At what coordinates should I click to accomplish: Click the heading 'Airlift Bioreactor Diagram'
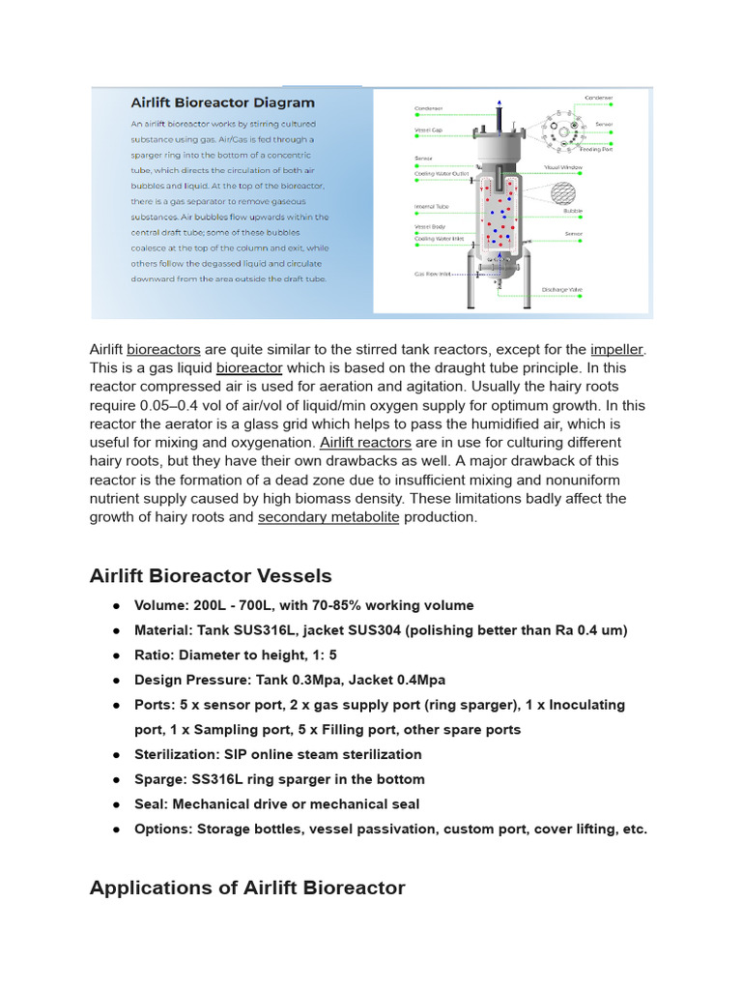[x=222, y=102]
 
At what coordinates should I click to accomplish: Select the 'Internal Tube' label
[x=431, y=206]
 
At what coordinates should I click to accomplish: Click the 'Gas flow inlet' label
[x=433, y=274]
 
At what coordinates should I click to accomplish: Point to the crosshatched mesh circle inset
[x=564, y=193]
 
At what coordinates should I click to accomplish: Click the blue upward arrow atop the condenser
[x=499, y=102]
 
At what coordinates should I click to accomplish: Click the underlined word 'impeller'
[x=617, y=349]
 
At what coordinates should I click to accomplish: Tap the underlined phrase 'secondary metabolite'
[x=328, y=517]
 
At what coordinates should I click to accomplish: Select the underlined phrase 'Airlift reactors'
[x=365, y=443]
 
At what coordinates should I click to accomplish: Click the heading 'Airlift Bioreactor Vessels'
[x=210, y=576]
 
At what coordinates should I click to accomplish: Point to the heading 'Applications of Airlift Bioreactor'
[x=246, y=888]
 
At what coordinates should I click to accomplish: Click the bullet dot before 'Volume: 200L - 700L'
[x=116, y=606]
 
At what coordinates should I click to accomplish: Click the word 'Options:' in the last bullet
[x=161, y=829]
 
